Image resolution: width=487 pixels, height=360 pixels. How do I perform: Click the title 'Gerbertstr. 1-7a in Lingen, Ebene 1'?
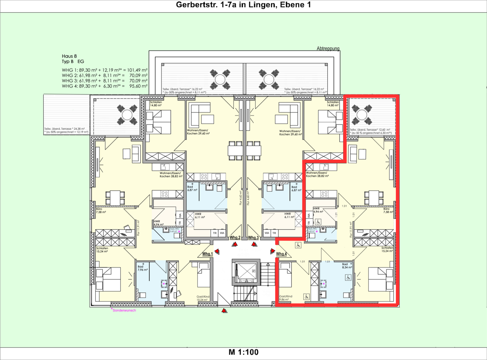pyautogui.click(x=243, y=5)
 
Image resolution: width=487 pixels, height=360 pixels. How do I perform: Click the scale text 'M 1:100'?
pyautogui.click(x=243, y=352)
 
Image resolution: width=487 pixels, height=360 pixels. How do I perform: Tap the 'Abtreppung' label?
pyautogui.click(x=328, y=49)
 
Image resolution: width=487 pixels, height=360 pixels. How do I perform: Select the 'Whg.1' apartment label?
pyautogui.click(x=207, y=254)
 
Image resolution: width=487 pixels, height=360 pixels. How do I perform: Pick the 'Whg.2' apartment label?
pyautogui.click(x=235, y=238)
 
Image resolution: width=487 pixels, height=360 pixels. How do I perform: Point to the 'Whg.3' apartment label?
pyautogui.click(x=253, y=238)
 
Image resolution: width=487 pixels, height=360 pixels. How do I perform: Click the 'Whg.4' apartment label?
pyautogui.click(x=281, y=254)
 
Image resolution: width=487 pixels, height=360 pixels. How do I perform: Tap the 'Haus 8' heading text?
pyautogui.click(x=69, y=56)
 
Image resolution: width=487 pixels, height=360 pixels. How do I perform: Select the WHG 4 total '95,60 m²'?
pyautogui.click(x=138, y=86)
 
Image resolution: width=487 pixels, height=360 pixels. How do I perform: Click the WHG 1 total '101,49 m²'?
pyautogui.click(x=137, y=70)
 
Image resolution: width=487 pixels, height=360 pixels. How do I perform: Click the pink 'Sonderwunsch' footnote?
pyautogui.click(x=124, y=310)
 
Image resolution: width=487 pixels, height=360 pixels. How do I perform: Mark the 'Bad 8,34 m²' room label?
pyautogui.click(x=347, y=266)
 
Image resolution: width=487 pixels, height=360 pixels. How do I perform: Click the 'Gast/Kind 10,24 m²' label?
pyautogui.click(x=203, y=298)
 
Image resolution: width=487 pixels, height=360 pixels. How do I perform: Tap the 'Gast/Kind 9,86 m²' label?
pyautogui.click(x=285, y=298)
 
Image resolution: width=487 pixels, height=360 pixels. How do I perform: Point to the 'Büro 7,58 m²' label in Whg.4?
pyautogui.click(x=388, y=210)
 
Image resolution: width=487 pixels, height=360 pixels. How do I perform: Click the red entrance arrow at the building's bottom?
pyautogui.click(x=224, y=310)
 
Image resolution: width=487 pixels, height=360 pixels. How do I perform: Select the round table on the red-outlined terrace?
pyautogui.click(x=362, y=115)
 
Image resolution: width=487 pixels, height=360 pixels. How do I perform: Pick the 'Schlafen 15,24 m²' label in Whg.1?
pyautogui.click(x=102, y=250)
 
